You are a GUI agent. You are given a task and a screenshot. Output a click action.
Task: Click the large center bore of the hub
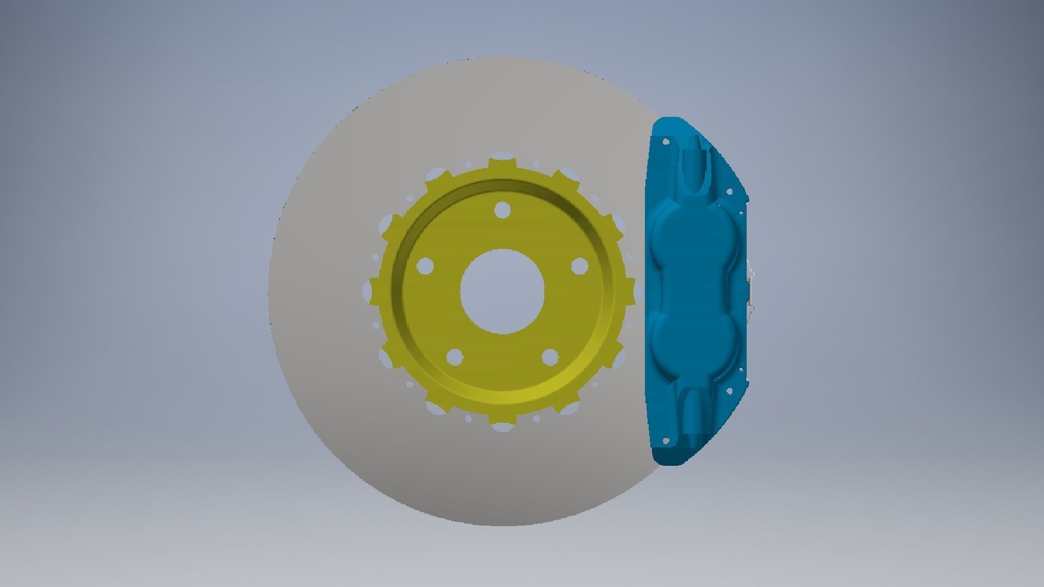point(502,291)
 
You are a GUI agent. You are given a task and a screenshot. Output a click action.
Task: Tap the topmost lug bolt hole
point(502,210)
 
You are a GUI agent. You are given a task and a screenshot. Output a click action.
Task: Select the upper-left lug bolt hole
point(425,266)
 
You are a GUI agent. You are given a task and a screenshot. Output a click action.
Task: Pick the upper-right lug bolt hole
point(580,266)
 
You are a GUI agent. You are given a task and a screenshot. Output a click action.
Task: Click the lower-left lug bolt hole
point(454,357)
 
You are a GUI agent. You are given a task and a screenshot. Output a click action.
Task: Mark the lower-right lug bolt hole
point(550,357)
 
